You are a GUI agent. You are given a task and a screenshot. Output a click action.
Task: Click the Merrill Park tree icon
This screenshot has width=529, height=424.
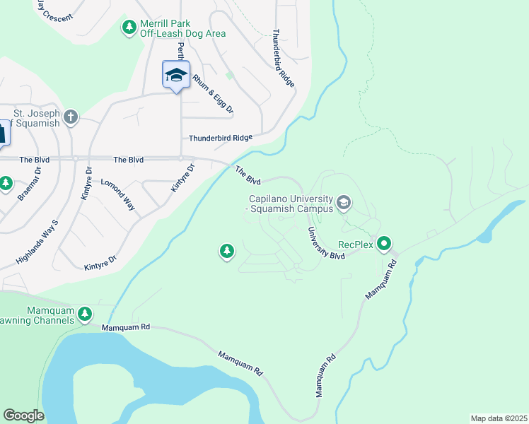[129, 27]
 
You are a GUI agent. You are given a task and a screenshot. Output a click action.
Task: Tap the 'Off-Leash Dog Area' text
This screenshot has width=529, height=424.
[182, 33]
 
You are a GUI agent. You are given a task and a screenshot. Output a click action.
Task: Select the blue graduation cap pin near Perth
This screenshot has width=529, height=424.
[175, 75]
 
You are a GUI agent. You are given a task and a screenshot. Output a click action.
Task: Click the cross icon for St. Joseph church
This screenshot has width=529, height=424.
[70, 117]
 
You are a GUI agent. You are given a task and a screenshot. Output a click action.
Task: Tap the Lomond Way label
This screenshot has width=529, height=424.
[119, 195]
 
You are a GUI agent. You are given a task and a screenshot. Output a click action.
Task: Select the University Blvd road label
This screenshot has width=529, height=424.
[325, 243]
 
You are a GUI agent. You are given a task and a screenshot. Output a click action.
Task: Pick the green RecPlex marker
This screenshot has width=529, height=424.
[384, 245]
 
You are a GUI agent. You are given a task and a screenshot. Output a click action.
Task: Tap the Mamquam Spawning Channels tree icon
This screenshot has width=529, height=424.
[85, 313]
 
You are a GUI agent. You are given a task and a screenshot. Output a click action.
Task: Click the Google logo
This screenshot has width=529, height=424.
[23, 416]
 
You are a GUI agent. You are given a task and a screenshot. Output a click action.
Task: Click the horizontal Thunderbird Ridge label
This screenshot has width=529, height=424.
[220, 139]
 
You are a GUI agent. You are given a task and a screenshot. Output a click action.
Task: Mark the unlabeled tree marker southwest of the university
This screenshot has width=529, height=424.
[226, 251]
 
